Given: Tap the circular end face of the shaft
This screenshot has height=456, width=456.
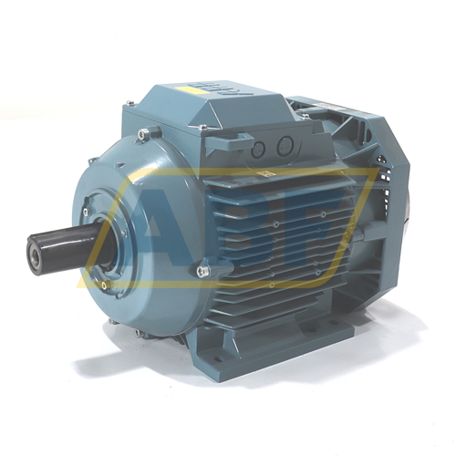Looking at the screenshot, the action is [x=35, y=254].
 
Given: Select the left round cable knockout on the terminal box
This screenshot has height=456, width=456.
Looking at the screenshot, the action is [x=259, y=150].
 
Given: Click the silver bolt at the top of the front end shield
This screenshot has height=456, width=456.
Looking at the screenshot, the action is [x=142, y=133].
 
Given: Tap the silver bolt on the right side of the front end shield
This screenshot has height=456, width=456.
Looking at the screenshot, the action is [x=202, y=270].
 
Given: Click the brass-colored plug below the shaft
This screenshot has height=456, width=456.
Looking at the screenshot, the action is [x=105, y=285].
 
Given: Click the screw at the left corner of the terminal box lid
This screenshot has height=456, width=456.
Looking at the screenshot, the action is [x=130, y=102].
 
